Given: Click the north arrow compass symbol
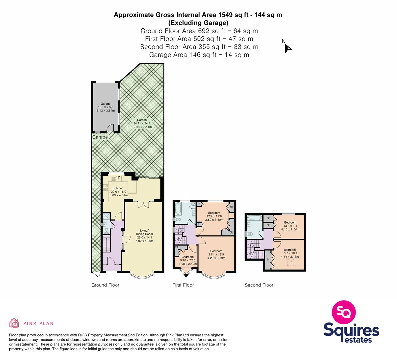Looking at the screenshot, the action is pos(288,48).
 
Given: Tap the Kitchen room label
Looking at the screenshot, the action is pos(118,188).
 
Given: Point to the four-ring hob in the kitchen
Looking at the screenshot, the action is pos(105,188).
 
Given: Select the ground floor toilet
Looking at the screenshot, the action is pos(106,231).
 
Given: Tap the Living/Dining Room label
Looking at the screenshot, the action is pos(144,232).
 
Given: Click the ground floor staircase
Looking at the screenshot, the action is pos(107,244).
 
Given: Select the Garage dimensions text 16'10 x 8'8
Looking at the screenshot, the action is pos(106,107).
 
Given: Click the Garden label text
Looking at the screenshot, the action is pos(142,120).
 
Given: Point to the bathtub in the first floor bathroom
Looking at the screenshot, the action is pos(177,208).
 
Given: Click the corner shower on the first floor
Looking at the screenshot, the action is pos(193,205).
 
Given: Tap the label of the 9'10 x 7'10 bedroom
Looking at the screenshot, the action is pos(188,257).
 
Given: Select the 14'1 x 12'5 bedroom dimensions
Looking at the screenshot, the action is pos(216,254).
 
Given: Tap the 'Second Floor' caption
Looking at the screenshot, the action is pos(259,285).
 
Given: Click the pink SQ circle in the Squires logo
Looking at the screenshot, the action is pos(344,312).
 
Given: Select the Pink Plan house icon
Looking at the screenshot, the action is pos(14,323).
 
